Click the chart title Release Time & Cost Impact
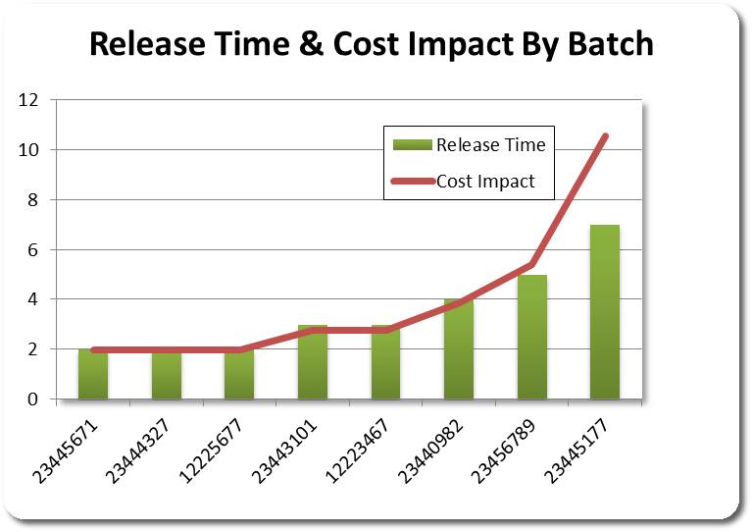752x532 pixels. pyautogui.click(x=371, y=44)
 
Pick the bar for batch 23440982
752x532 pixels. pyautogui.click(x=459, y=349)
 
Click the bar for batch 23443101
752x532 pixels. pyautogui.click(x=313, y=362)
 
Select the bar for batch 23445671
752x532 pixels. pyautogui.click(x=93, y=375)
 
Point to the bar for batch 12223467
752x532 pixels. pyautogui.click(x=385, y=362)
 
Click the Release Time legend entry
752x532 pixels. pyautogui.click(x=490, y=145)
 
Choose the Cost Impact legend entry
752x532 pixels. pyautogui.click(x=485, y=181)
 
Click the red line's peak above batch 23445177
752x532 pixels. pyautogui.click(x=605, y=135)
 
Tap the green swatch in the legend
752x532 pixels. pyautogui.click(x=412, y=145)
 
